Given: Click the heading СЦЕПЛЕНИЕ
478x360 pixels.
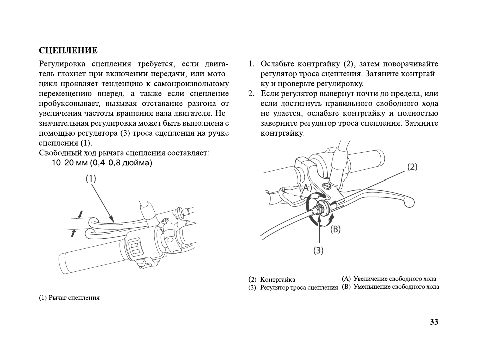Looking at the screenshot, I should (x=68, y=51).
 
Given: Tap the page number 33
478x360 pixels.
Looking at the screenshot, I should (x=434, y=322).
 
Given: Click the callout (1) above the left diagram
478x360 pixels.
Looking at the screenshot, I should (x=90, y=178).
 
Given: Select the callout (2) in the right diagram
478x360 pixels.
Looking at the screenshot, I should (x=411, y=167).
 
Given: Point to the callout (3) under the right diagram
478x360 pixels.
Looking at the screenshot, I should (x=319, y=250).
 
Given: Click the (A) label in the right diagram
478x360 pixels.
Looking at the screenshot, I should (x=305, y=187).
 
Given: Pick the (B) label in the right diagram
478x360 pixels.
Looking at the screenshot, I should (x=335, y=229).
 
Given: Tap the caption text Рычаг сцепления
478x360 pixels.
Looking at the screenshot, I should (x=74, y=298).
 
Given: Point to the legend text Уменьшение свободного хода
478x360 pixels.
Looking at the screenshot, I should (x=396, y=287).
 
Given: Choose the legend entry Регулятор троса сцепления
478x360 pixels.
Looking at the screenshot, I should (x=299, y=288).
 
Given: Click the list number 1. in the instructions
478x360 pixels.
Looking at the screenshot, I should (x=251, y=64).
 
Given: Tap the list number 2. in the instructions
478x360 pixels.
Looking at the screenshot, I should (x=251, y=94).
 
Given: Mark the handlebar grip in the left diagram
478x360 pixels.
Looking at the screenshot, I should (x=85, y=257).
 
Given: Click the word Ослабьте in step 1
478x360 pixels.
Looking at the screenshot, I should (x=277, y=64).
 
